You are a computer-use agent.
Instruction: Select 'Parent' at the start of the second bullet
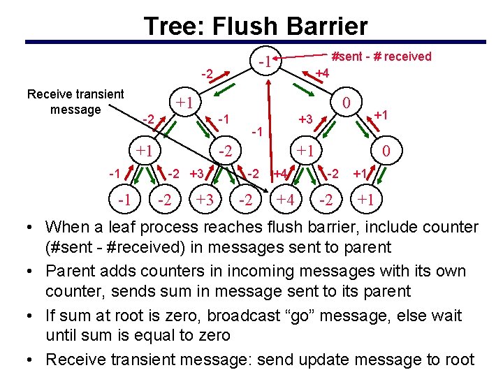pyautogui.click(x=70, y=271)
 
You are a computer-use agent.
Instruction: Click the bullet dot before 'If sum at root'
pyautogui.click(x=33, y=316)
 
